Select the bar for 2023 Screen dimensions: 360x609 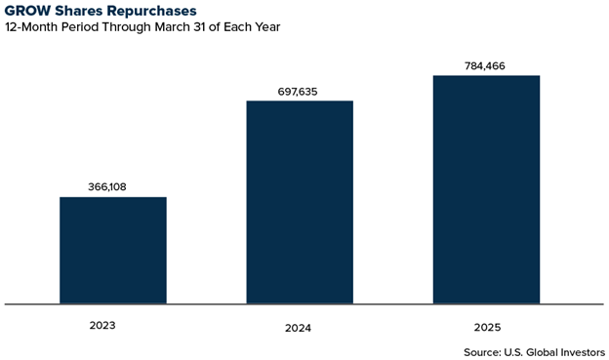112,251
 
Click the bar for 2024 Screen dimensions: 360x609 299,202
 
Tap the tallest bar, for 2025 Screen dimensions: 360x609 486,189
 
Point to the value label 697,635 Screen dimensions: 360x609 299,92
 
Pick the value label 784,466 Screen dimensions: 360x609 486,66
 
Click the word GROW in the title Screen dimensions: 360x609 28,11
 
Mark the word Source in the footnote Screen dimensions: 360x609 483,350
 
